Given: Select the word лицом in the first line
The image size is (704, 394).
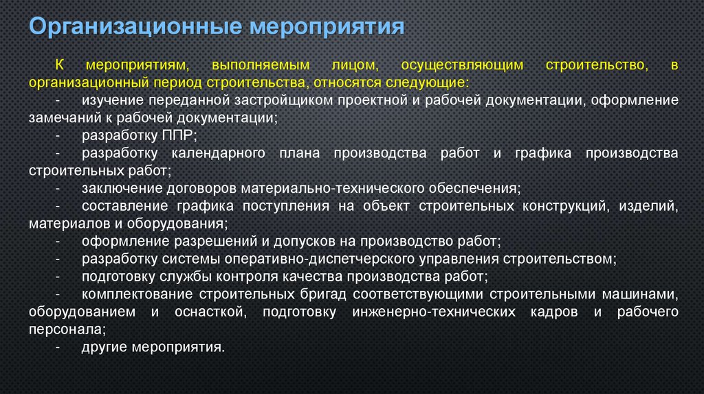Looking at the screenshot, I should tap(353, 65).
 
